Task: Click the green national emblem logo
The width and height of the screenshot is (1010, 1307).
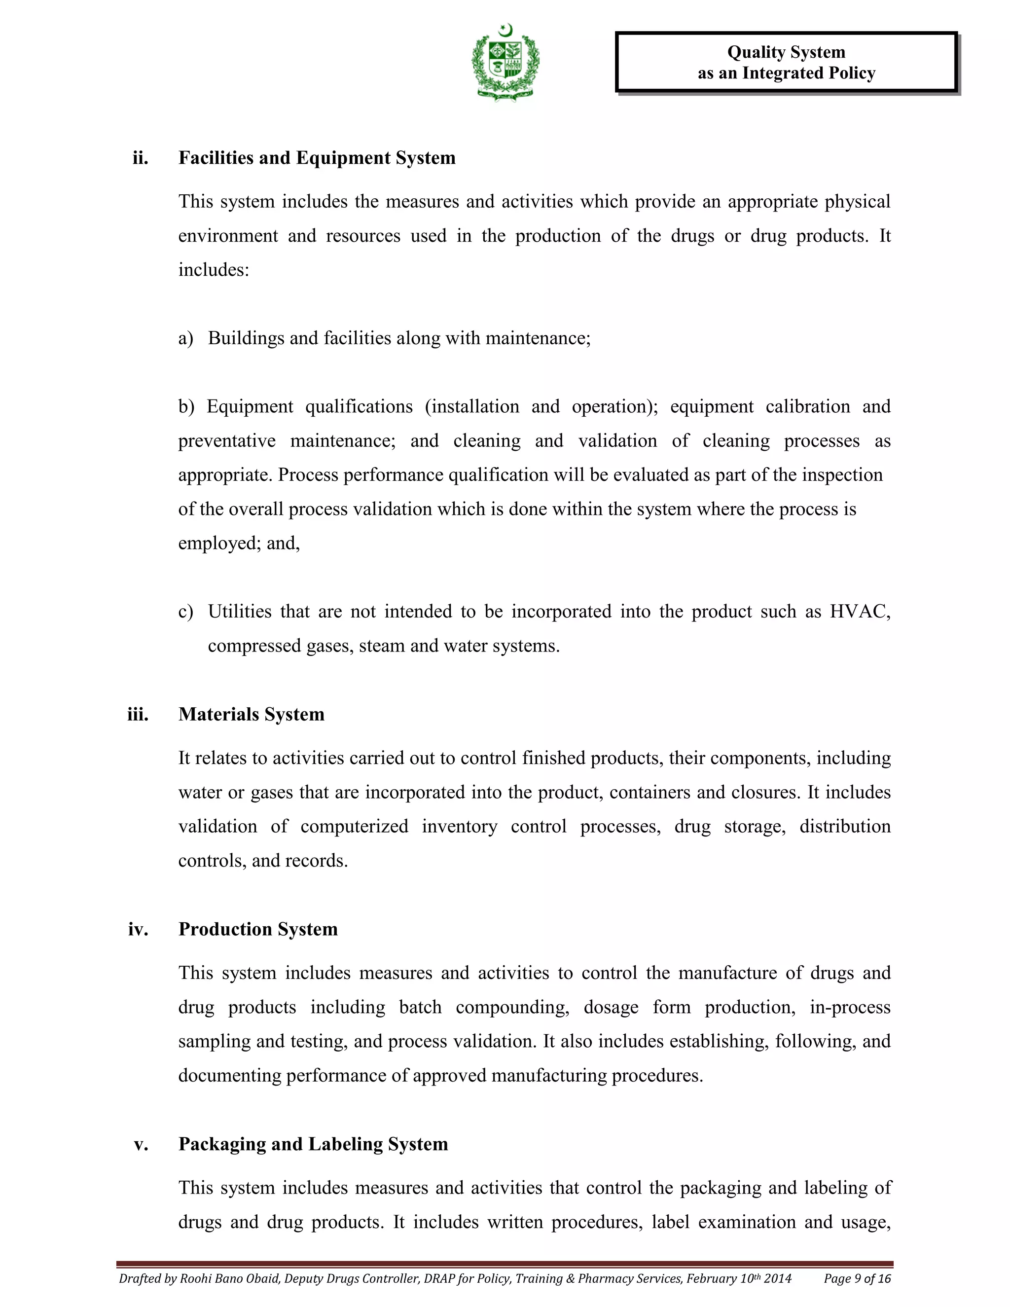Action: [505, 62]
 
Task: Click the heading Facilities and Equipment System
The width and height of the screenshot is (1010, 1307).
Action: [317, 158]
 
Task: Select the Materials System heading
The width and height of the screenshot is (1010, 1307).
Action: [252, 715]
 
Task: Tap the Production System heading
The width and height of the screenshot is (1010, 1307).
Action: [258, 929]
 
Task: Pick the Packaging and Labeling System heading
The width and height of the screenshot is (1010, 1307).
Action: [313, 1144]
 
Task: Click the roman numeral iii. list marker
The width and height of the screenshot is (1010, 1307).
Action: [138, 715]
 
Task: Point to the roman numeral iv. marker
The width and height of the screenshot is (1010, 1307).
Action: [138, 929]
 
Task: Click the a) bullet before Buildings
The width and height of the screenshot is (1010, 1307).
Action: [185, 339]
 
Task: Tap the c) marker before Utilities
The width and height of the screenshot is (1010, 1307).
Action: [185, 612]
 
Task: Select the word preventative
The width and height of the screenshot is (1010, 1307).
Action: [227, 441]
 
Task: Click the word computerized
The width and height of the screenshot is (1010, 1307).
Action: [354, 827]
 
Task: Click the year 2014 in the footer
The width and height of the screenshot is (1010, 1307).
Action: [778, 1279]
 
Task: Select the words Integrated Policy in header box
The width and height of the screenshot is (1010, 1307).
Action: [809, 73]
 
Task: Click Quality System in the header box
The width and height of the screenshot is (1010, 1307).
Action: [786, 52]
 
